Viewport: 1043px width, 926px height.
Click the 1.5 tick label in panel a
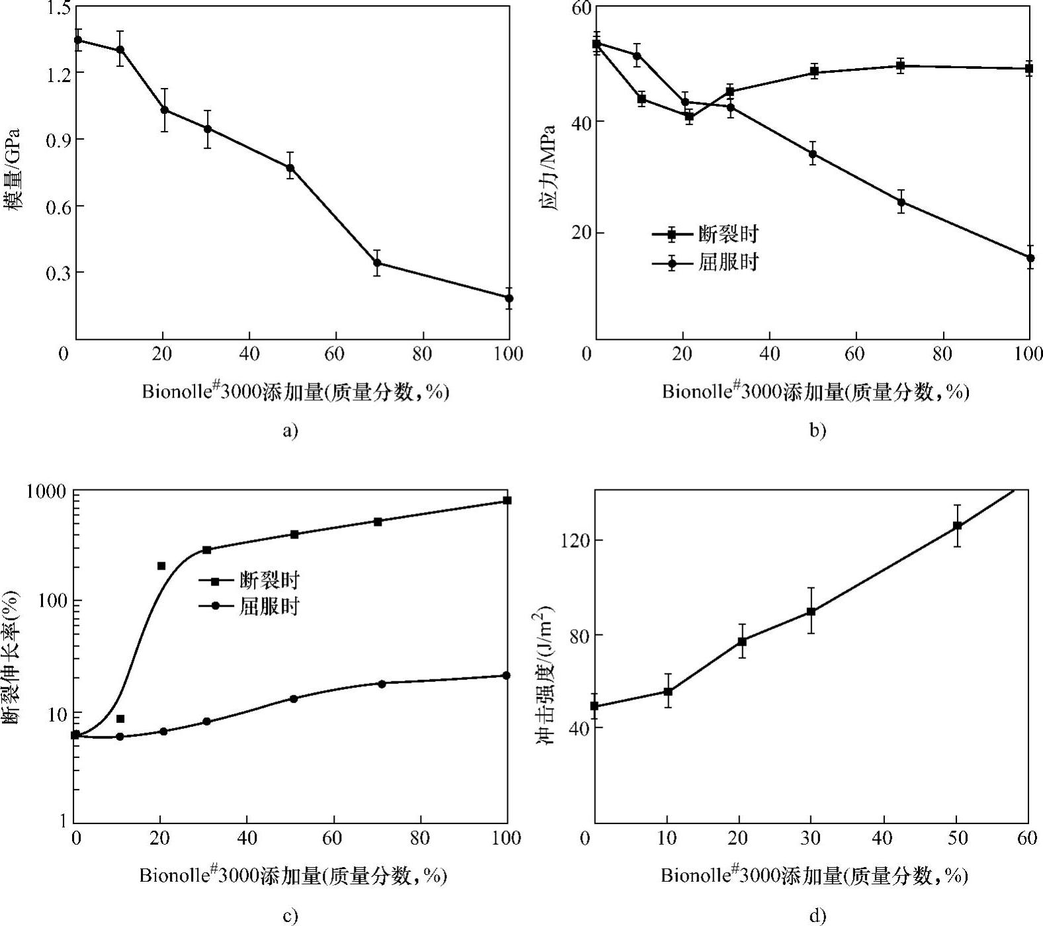pos(59,7)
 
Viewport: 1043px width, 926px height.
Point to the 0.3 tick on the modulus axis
pos(59,273)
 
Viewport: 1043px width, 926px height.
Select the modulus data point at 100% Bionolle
pos(509,298)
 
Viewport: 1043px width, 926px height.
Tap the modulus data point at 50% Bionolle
pos(290,168)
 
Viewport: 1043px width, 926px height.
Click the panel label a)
pos(290,431)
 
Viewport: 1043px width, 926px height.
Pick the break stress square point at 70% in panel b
pos(900,65)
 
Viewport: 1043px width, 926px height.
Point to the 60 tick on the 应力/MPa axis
pos(580,7)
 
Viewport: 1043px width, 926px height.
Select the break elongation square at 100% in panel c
pos(507,501)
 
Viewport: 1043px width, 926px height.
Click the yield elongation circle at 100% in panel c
pos(507,675)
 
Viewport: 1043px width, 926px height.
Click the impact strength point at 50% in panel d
pos(957,526)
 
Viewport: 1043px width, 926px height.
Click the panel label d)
pos(817,916)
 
